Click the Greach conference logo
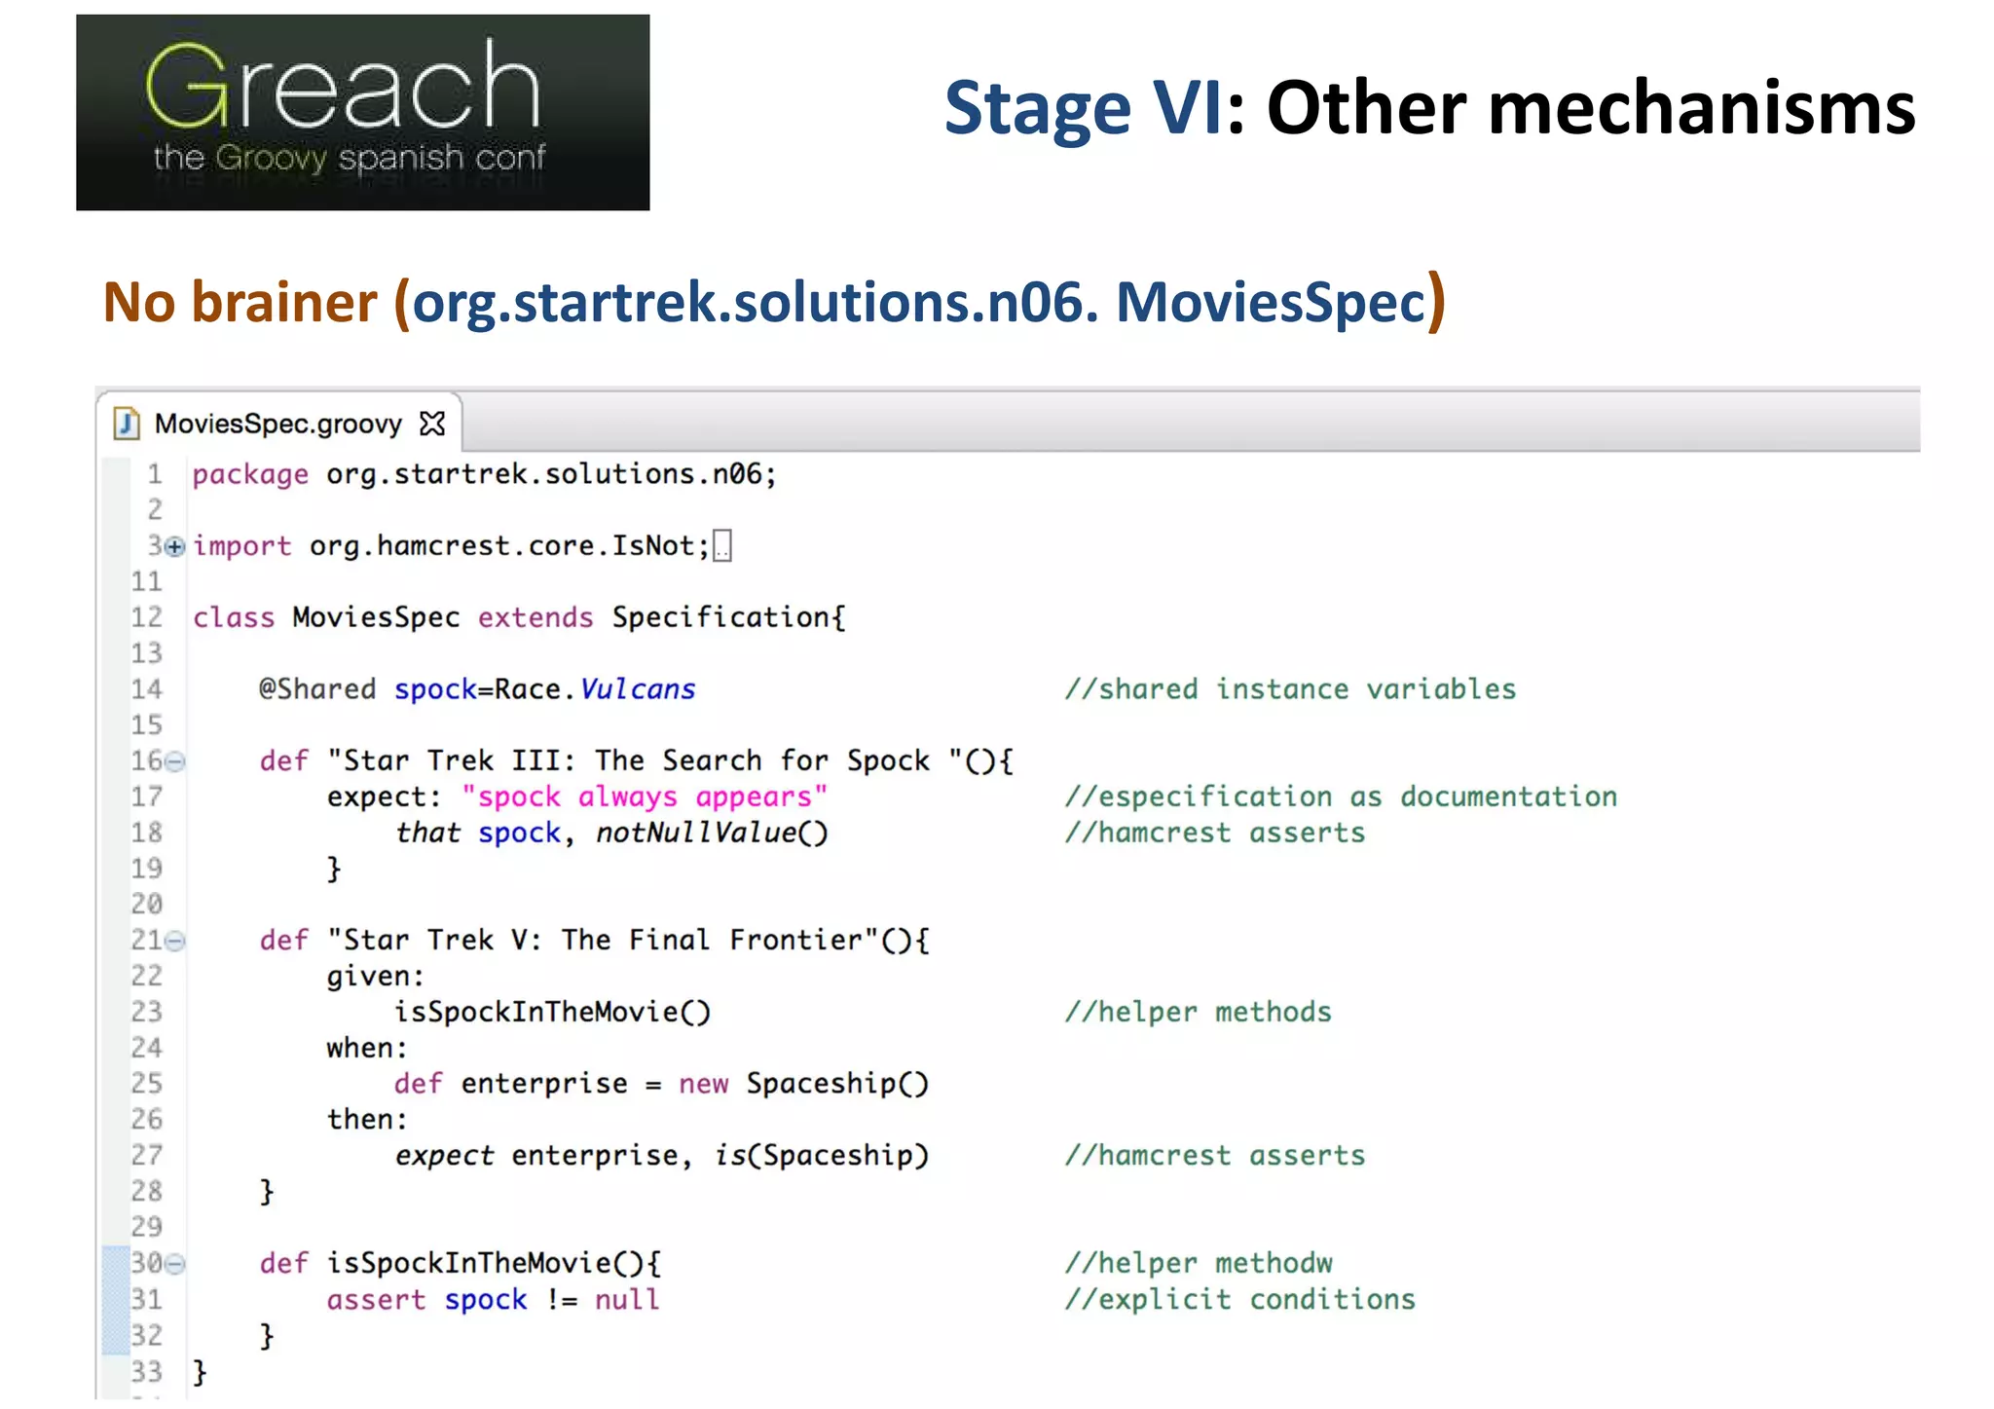point(362,112)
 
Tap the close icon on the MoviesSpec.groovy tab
point(432,424)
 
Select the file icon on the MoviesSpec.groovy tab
point(127,424)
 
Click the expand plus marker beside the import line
point(174,547)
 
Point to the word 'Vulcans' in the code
point(638,689)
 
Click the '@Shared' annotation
point(316,689)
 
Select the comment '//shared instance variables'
point(1290,689)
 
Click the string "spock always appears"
point(644,797)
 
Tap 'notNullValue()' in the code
point(712,834)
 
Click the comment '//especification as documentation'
point(1341,797)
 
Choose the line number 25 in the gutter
point(147,1084)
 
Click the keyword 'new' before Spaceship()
point(703,1084)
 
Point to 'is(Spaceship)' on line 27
point(822,1156)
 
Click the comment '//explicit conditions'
point(1239,1300)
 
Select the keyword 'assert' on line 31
point(376,1300)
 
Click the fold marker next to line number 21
point(175,941)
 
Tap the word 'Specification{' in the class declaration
point(728,618)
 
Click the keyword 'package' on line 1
point(250,475)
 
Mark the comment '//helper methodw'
point(1199,1264)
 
